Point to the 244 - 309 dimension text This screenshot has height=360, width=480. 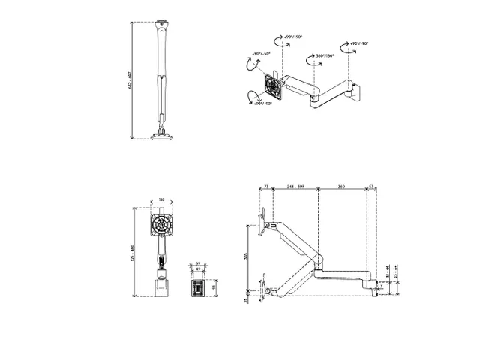(x=295, y=186)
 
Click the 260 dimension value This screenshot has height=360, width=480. (x=342, y=186)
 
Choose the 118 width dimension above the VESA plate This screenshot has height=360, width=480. (x=161, y=200)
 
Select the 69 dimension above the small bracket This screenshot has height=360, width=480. (x=198, y=263)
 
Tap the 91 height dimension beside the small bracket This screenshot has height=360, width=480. (x=213, y=286)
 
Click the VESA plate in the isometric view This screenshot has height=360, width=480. (x=274, y=88)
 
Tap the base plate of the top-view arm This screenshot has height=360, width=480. (x=160, y=135)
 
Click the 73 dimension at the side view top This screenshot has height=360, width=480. (x=266, y=186)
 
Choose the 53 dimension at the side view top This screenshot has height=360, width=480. (x=370, y=186)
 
